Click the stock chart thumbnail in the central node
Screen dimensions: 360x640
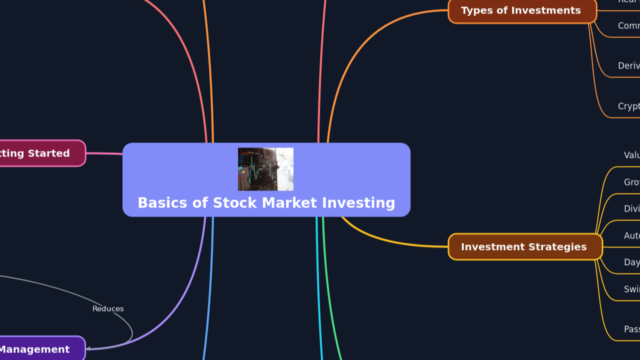click(265, 169)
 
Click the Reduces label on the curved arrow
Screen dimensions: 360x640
click(108, 309)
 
